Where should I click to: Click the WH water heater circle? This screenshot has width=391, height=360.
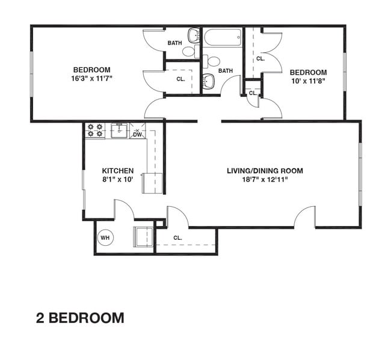coord(105,237)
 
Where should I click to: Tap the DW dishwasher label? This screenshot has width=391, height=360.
coord(137,134)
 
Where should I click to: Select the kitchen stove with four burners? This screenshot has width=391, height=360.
coord(95,130)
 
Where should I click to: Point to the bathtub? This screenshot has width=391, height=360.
coord(223,38)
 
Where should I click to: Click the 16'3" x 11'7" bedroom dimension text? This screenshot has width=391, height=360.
coord(92,78)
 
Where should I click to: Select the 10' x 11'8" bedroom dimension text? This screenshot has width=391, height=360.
coord(308,81)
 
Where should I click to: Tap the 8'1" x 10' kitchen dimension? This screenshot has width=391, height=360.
coord(117,179)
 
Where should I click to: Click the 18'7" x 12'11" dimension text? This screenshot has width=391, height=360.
coord(265,179)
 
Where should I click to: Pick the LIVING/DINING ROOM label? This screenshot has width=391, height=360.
coord(265,171)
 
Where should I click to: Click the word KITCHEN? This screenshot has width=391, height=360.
coord(117,171)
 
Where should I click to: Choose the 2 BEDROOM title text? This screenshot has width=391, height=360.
coord(80,318)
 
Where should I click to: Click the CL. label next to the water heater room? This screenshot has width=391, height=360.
coord(177,238)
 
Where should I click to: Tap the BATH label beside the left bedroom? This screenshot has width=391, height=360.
coord(174,43)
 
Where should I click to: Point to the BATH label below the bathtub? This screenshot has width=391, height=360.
coord(226,71)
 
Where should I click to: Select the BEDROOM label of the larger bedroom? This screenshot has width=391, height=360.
coord(92,69)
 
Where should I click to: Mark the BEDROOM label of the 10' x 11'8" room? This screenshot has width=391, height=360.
coord(308,72)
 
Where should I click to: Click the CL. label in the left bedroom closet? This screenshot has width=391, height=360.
coord(181,79)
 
